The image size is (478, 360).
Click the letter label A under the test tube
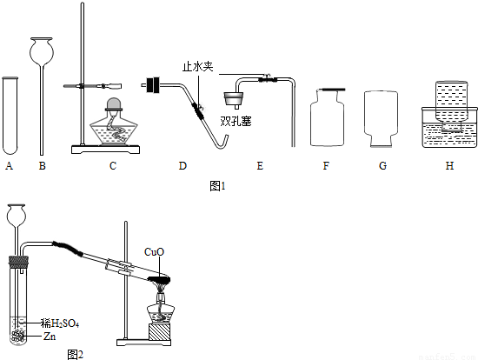(x=10, y=166)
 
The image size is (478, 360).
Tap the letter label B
(x=43, y=166)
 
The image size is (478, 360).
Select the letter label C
(x=113, y=166)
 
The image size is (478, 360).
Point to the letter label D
(x=183, y=166)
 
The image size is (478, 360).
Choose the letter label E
(x=260, y=166)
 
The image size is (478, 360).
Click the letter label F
(x=326, y=166)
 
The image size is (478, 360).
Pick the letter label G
(x=382, y=166)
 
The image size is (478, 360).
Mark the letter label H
(x=449, y=166)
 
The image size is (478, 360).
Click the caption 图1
(x=217, y=186)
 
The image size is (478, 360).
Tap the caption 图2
(x=75, y=355)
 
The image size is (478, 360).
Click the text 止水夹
(x=198, y=66)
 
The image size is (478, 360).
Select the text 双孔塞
(x=236, y=122)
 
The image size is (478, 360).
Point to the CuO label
(x=154, y=251)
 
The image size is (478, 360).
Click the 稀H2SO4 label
(x=60, y=323)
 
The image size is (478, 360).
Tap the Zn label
(x=50, y=337)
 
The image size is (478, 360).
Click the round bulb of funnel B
(x=42, y=51)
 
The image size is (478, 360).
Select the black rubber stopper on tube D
(x=153, y=84)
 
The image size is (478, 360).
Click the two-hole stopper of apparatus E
(x=234, y=99)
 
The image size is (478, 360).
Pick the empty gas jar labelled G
(x=381, y=119)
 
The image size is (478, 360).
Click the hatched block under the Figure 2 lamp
(x=159, y=332)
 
